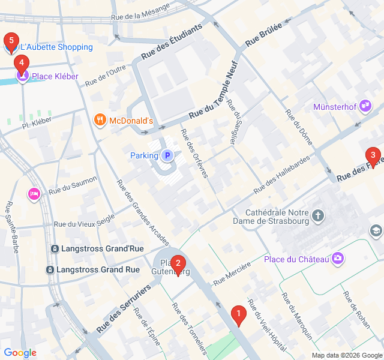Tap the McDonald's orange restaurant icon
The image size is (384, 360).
click(100, 121)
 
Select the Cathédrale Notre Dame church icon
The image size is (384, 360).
click(318, 215)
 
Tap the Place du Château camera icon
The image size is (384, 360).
click(338, 259)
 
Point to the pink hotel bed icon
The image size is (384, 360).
click(34, 194)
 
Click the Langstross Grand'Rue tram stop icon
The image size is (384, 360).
click(55, 248)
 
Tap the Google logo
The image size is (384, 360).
click(20, 352)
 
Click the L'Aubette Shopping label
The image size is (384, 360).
click(56, 47)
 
